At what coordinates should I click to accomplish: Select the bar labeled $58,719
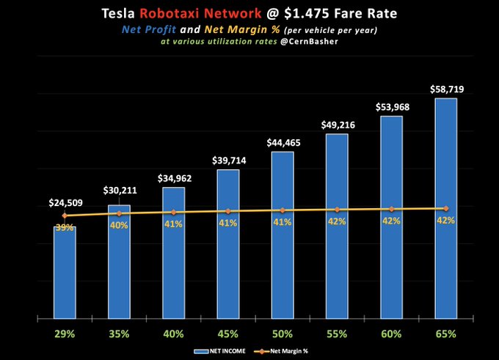(445, 209)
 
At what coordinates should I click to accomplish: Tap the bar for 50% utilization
(283, 235)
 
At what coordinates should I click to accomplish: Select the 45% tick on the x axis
(227, 334)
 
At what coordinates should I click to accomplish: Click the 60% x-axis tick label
(391, 334)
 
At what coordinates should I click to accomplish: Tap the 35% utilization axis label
(119, 334)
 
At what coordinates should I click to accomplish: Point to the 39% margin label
(65, 227)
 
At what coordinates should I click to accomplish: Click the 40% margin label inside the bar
(119, 225)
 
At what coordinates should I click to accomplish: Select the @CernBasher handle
(305, 43)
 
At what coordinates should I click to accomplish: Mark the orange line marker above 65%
(445, 209)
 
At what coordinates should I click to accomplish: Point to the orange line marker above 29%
(65, 216)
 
